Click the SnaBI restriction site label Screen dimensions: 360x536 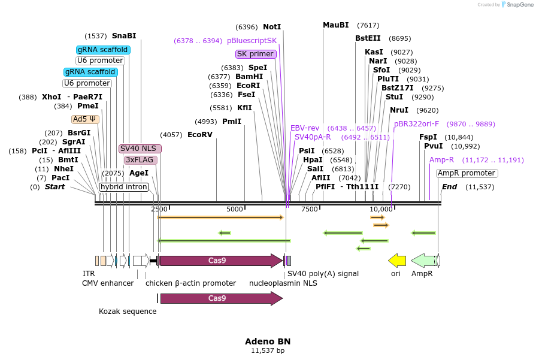tap(124, 36)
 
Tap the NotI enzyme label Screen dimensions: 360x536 tap(272, 27)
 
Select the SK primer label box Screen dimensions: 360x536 tap(256, 54)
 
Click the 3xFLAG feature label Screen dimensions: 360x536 tap(141, 160)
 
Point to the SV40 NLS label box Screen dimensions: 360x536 tap(140, 149)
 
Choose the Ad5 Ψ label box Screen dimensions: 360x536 tap(85, 119)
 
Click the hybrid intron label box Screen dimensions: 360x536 tap(123, 187)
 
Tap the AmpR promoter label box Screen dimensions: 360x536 tap(467, 174)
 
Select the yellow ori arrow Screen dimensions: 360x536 tap(397, 261)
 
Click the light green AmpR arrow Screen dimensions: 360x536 tap(425, 261)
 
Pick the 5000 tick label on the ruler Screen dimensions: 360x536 tap(234, 209)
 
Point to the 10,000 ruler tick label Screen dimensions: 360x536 tap(381, 209)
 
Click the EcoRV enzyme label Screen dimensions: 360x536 tap(200, 134)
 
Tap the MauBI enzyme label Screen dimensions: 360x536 tap(335, 25)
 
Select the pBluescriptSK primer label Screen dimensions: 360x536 tap(252, 41)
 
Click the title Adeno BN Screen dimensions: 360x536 tap(268, 341)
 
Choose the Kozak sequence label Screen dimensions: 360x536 tap(128, 311)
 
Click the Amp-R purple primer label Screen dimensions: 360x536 tap(441, 160)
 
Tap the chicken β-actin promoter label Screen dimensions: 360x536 tap(190, 283)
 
